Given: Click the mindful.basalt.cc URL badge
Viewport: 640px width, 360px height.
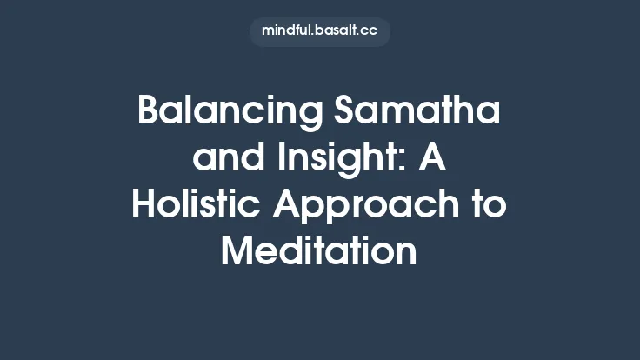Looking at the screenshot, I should [320, 31].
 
